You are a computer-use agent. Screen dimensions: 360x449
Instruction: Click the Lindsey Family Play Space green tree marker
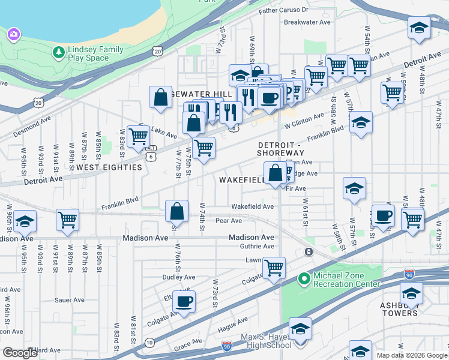59,53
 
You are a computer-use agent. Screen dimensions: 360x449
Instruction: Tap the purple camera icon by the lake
13,34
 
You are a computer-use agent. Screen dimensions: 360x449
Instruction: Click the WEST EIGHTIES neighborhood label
109,167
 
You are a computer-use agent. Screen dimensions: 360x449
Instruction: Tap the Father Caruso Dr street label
283,10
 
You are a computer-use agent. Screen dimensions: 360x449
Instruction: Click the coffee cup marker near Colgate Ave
185,302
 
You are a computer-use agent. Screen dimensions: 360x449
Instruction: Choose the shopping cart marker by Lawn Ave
274,267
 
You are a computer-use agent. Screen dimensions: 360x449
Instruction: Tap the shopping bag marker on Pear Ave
177,211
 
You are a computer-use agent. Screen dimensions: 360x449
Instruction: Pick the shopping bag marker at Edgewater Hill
161,98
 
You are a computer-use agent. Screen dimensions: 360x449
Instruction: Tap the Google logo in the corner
20,353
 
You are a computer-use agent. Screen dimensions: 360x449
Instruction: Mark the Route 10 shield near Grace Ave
149,341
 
